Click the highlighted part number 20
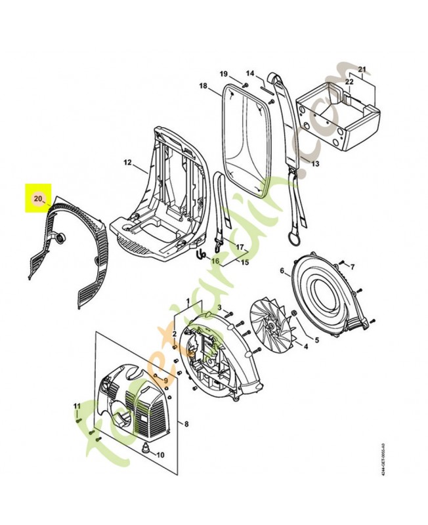point(37,197)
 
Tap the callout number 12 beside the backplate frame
point(127,162)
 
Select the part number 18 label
point(203,87)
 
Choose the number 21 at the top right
point(361,68)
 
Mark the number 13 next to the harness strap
point(315,164)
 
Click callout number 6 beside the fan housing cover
point(282,270)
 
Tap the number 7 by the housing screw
point(352,266)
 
